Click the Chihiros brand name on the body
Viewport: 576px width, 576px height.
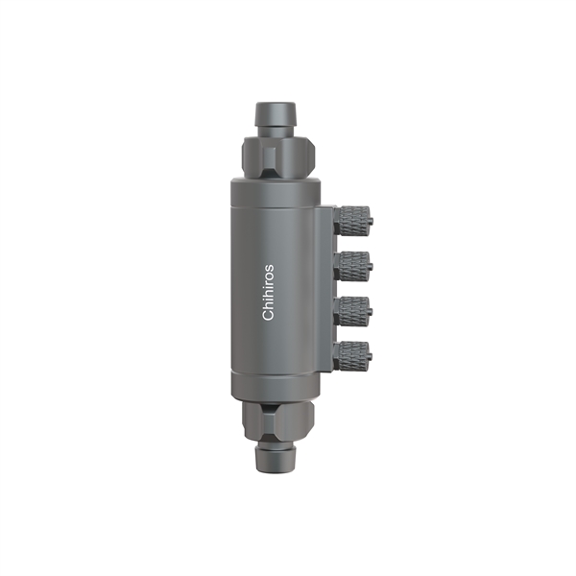click(x=269, y=293)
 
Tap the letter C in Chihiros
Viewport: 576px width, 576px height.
click(x=269, y=316)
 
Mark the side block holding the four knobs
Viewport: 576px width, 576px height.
click(x=326, y=287)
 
